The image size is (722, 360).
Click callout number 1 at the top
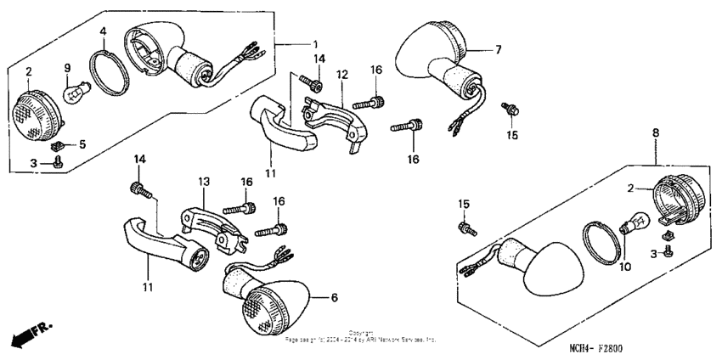[316, 43]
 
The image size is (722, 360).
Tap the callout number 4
[102, 33]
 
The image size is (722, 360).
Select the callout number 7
[499, 50]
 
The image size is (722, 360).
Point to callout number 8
[656, 133]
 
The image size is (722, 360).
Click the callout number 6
[335, 298]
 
